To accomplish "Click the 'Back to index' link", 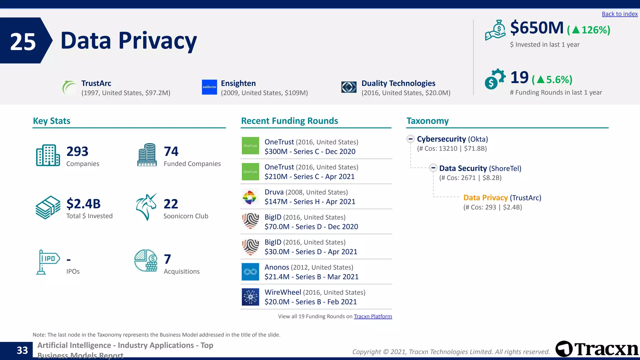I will [x=619, y=14].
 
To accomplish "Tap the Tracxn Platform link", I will [x=372, y=316].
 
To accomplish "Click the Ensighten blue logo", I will [x=209, y=87].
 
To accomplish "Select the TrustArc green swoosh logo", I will [x=69, y=87].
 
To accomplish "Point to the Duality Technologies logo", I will [x=349, y=87].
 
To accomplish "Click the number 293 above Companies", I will [x=77, y=152].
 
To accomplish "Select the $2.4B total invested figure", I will [x=83, y=204].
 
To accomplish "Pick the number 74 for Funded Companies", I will [x=171, y=152].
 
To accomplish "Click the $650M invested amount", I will [x=537, y=28].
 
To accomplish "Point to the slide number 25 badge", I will [x=23, y=41].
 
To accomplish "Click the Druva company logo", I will [x=250, y=197].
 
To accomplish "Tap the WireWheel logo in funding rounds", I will [x=250, y=297].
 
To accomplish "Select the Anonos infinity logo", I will [x=250, y=272].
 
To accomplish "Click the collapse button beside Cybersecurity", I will [x=411, y=139].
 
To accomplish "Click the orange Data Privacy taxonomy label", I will [x=485, y=198].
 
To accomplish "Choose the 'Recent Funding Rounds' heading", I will [x=289, y=121].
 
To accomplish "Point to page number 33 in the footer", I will [x=22, y=350].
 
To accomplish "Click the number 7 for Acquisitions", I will [x=167, y=259].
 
